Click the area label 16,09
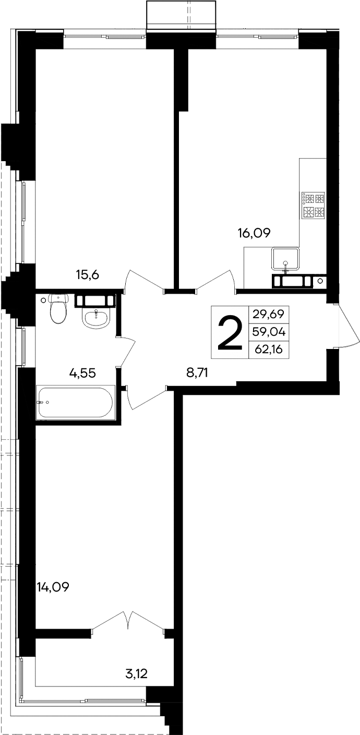tap(254, 233)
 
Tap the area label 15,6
tap(88, 275)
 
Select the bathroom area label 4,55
tap(84, 372)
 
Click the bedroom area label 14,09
tap(53, 587)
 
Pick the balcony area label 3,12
tap(137, 673)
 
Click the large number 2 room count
tap(230, 333)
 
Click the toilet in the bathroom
tap(57, 309)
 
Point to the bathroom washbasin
tap(95, 318)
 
